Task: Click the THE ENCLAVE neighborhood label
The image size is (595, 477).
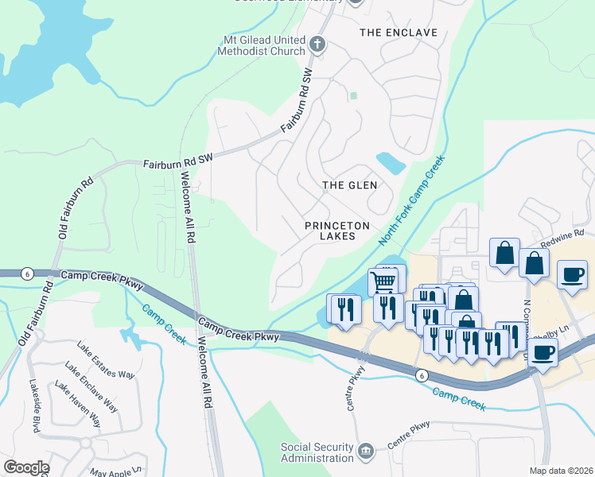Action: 399,33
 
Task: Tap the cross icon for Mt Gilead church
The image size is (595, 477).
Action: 317,45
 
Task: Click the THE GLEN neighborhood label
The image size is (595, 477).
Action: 349,185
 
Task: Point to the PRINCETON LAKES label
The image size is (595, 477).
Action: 337,231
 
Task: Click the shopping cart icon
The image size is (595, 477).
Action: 384,281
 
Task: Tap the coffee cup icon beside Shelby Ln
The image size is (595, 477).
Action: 544,352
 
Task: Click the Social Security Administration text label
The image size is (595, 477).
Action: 317,452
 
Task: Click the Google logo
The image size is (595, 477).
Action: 25,467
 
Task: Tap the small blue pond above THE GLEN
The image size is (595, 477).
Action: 391,163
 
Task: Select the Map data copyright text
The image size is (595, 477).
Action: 562,470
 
